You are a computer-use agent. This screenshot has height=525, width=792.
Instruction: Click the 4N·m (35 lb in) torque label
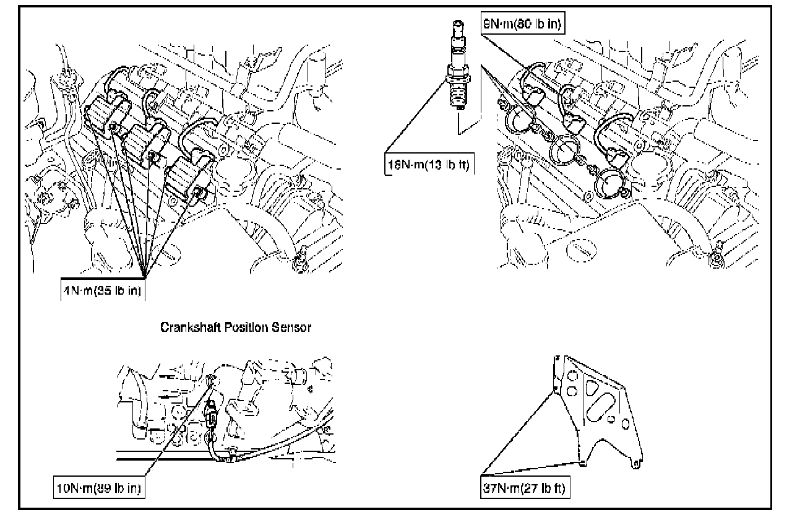(x=103, y=291)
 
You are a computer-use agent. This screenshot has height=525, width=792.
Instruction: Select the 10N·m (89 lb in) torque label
(x=99, y=489)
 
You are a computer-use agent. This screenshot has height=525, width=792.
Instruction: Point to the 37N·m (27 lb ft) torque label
(x=524, y=487)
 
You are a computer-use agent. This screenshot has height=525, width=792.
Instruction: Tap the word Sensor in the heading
(x=293, y=328)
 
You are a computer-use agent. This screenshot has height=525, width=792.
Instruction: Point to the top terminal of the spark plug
(x=458, y=26)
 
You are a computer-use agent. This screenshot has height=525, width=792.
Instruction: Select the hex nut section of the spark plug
(x=458, y=79)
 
